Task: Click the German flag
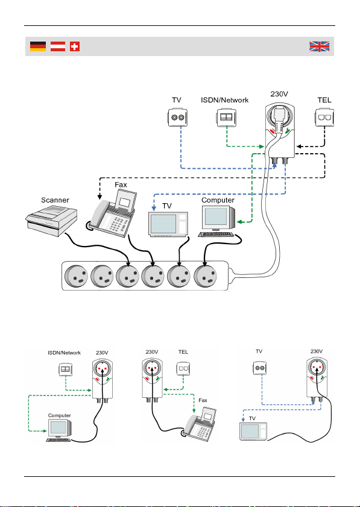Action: coord(38,46)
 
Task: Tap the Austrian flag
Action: coord(58,46)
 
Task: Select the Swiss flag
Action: coord(75,46)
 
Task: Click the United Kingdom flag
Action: coord(319,46)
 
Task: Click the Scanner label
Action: coord(55,200)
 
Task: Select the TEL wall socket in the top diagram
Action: coord(324,118)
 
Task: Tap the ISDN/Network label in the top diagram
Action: coord(225,100)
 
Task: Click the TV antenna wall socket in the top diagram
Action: coord(177,118)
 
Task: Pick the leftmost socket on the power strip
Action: coord(77,276)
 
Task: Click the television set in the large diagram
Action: coord(168,224)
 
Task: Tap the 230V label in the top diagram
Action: coord(279,94)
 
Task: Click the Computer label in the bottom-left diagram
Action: coord(60,415)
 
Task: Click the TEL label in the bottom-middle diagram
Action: coord(183,352)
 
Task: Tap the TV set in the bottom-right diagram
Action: coord(253,431)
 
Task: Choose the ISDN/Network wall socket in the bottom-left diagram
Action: coord(66,370)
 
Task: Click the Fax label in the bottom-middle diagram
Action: coord(203,400)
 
